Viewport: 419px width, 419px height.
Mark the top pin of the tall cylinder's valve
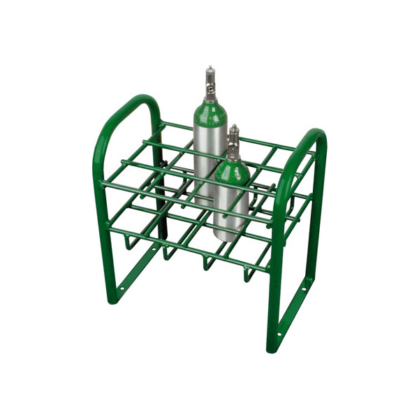coord(209,69)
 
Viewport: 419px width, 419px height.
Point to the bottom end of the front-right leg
coord(270,348)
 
